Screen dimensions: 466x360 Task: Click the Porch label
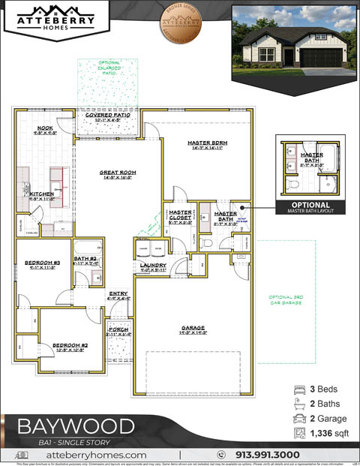click(x=118, y=331)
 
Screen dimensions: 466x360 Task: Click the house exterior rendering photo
click(x=293, y=39)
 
